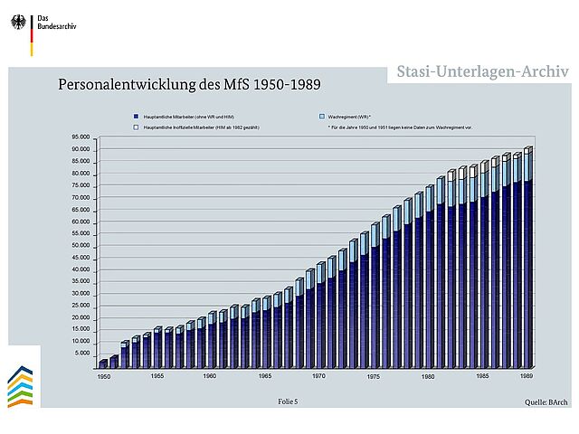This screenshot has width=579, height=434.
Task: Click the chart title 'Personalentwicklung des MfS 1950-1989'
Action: pyautogui.click(x=190, y=85)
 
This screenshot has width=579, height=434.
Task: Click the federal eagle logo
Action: pyautogui.click(x=18, y=23)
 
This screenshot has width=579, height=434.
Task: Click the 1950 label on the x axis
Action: pyautogui.click(x=104, y=375)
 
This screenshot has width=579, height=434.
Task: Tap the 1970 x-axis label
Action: pyautogui.click(x=318, y=375)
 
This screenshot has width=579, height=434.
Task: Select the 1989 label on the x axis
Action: pyautogui.click(x=527, y=375)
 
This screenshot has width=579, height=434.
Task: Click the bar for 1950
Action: pyautogui.click(x=104, y=363)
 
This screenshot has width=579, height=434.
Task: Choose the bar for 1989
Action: pyautogui.click(x=528, y=257)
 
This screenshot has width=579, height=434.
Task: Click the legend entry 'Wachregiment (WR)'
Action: pyautogui.click(x=348, y=118)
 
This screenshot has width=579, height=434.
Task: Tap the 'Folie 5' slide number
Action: pyautogui.click(x=287, y=400)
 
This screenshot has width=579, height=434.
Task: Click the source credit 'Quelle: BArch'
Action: pyautogui.click(x=546, y=401)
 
